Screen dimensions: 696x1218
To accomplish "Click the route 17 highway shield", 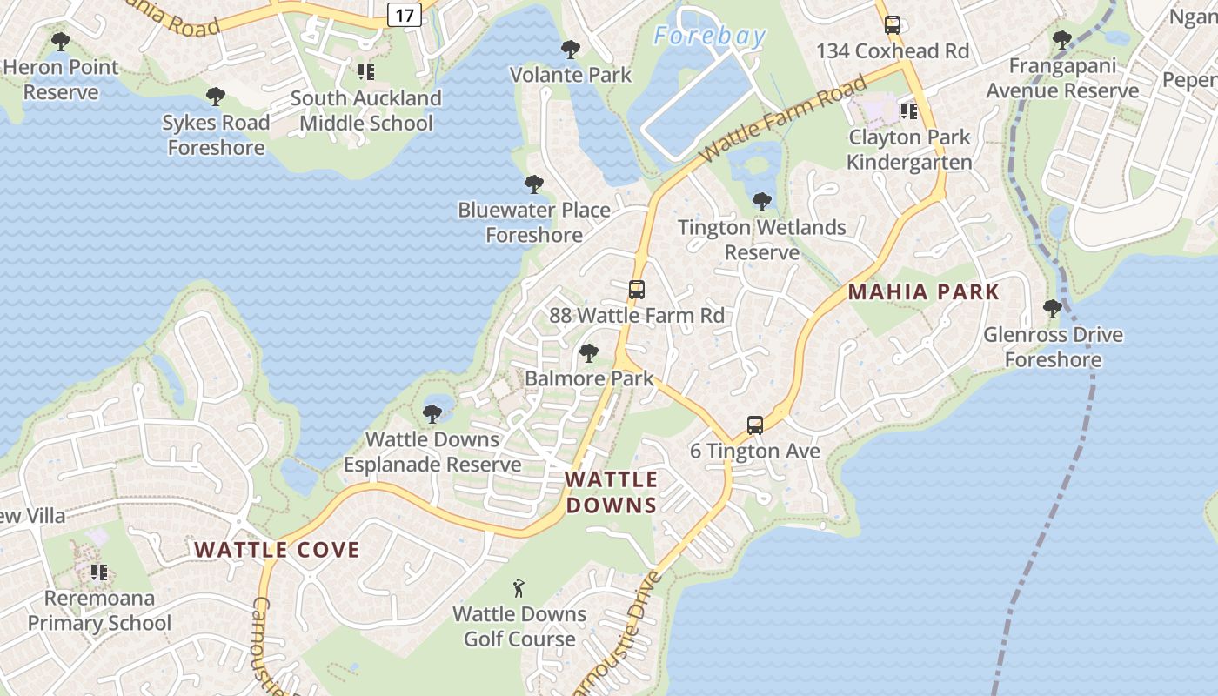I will pos(404,14).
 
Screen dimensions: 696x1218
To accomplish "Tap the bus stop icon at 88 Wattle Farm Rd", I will pos(637,290).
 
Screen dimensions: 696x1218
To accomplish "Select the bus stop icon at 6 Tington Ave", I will pos(755,425).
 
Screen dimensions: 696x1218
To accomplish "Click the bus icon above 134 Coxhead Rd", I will pos(893,25).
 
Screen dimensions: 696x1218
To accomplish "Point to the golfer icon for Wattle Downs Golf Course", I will pos(519,588).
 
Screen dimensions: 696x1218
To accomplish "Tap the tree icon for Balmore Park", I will pos(589,353).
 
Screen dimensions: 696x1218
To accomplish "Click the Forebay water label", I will pos(710,37).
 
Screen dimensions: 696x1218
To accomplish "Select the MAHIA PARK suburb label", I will pos(924,292).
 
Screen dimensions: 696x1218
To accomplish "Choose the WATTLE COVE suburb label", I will pos(277,550).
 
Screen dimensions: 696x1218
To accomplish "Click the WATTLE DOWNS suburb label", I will pos(612,492).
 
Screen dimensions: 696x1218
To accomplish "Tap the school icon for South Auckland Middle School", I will pos(366,72).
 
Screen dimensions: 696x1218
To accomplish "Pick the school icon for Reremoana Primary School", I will pos(99,572).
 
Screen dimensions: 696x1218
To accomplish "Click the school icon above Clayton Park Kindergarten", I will pos(909,111).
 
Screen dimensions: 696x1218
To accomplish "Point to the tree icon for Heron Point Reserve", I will pos(60,41).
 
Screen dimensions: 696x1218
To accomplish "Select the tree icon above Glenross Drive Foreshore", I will pos(1053,309).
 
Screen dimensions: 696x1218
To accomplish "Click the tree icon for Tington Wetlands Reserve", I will pos(762,202).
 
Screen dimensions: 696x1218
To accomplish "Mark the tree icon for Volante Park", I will pos(571,50).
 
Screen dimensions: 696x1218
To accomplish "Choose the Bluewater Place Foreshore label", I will pos(534,222).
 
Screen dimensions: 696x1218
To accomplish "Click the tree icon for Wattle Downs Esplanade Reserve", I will pos(432,414).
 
